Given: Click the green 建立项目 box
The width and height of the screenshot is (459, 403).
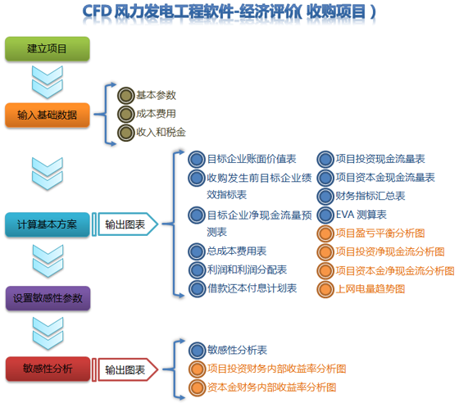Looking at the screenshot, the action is coord(48,49).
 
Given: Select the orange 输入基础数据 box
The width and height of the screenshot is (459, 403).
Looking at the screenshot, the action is coord(48,115).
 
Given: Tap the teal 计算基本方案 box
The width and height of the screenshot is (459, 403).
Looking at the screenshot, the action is coord(48,224).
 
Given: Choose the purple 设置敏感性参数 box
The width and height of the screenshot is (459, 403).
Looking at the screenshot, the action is coord(48,298).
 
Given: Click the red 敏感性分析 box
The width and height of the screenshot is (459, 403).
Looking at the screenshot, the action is coord(48,369).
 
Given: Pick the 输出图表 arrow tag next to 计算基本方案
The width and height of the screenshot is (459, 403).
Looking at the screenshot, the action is coord(125,224).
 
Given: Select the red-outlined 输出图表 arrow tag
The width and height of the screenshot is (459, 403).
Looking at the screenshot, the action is coord(125,370).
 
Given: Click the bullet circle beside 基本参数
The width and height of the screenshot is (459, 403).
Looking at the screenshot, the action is coord(126,96).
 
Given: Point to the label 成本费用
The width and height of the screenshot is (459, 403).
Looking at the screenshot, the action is coord(156,114).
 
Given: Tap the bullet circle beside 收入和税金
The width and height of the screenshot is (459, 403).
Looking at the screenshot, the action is coord(126,133).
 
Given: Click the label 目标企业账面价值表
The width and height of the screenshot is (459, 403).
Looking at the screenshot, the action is coord(252,159).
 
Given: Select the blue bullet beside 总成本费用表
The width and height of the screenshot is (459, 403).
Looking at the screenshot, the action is coord(197,251).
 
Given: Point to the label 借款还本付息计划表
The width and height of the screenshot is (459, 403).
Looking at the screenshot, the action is coord(252,288).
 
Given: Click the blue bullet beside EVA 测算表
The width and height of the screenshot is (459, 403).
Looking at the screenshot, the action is coord(325,215).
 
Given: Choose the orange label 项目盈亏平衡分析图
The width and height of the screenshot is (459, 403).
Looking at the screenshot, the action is coord(380,233).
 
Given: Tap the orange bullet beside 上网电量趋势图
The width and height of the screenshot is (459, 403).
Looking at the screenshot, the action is coord(325,289).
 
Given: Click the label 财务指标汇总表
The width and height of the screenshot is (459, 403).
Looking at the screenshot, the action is coord(370,196).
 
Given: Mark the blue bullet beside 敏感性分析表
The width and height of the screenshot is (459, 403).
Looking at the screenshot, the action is coord(197,351).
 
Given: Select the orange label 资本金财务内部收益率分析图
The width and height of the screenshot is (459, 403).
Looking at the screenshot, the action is coord(271,387).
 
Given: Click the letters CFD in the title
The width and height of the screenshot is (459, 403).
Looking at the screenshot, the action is coord(97,11).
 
